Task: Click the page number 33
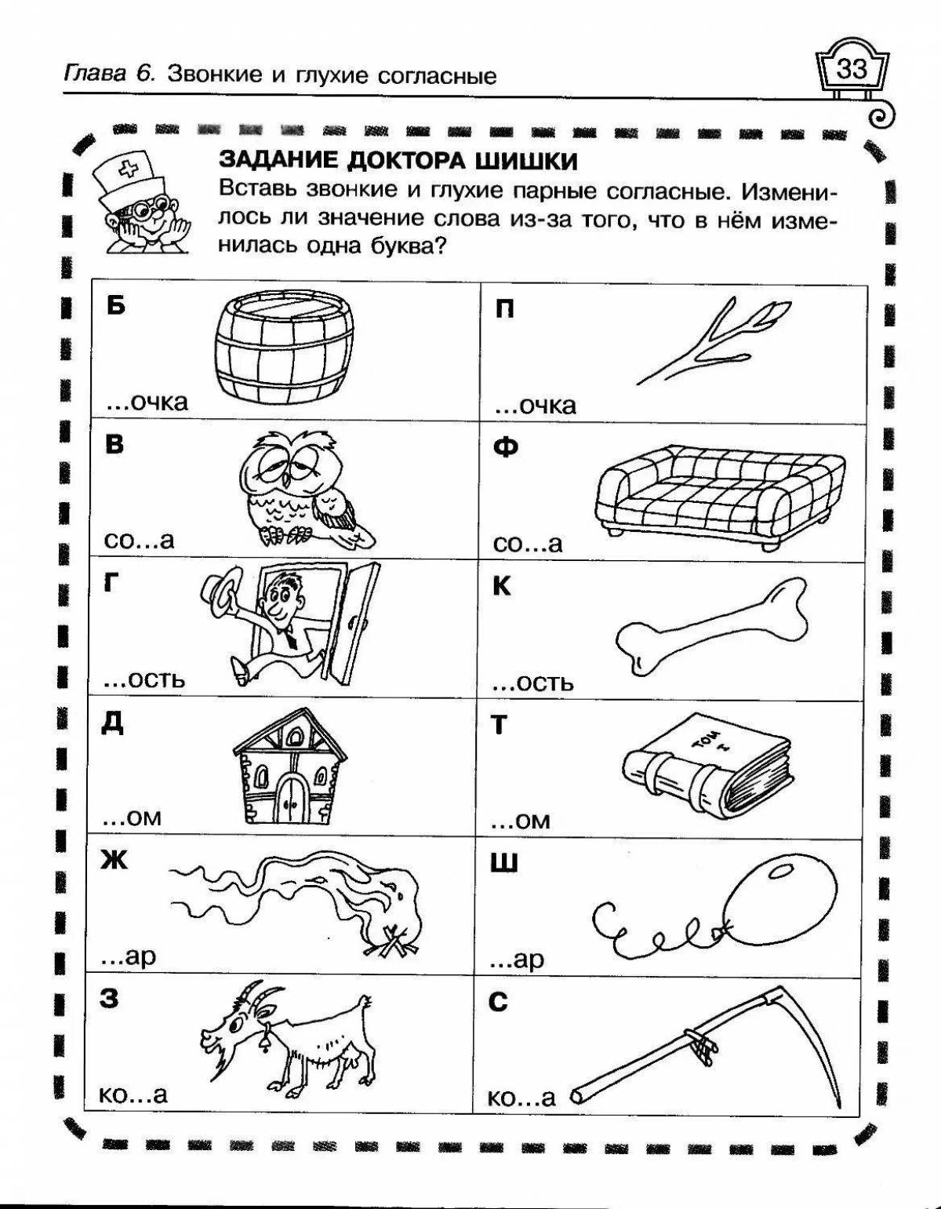[x=852, y=70]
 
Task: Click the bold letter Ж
[x=113, y=861]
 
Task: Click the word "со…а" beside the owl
[x=139, y=541]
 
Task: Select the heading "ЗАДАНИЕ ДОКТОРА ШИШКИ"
[x=398, y=160]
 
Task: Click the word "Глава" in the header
[x=94, y=75]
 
